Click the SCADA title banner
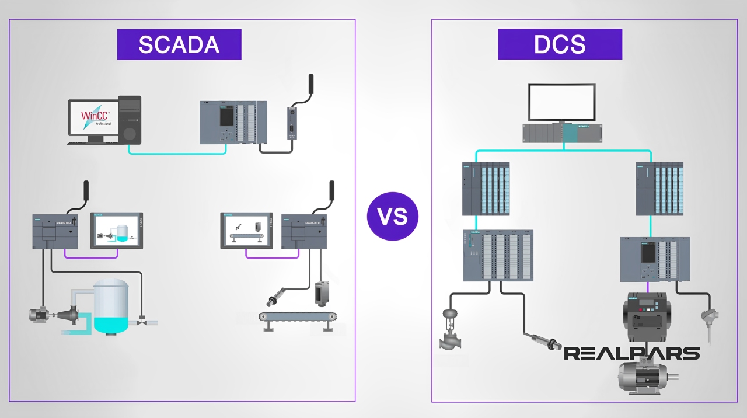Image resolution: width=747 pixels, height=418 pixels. [x=179, y=44]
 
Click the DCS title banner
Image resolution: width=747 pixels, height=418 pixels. [x=560, y=44]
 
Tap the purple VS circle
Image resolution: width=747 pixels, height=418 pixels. [x=393, y=216]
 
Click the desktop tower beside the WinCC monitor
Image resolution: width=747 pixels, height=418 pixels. [x=130, y=120]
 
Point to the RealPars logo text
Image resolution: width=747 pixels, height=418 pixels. [x=631, y=353]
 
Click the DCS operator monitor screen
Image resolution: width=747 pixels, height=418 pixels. [x=562, y=102]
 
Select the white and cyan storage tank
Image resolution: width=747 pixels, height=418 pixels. [x=111, y=306]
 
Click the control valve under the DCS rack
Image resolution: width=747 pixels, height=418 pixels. [x=451, y=330]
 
